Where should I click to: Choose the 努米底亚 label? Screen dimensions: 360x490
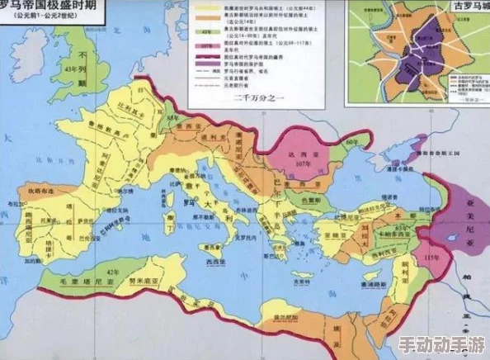pos(142,281)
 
